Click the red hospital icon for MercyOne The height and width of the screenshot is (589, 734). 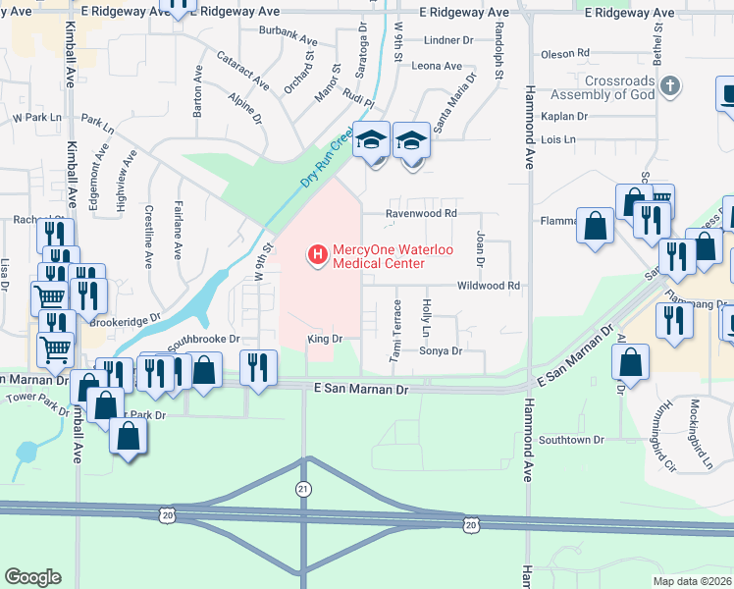tap(317, 255)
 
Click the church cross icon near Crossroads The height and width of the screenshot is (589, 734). tap(669, 87)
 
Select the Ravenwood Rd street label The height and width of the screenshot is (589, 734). tap(422, 213)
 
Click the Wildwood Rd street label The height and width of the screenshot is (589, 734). tap(487, 286)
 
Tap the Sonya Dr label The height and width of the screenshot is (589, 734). tap(441, 351)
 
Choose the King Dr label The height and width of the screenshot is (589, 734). tap(324, 339)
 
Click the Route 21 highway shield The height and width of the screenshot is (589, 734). tap(304, 488)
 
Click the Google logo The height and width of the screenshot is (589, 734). tap(32, 577)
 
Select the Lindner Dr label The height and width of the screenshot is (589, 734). tap(449, 40)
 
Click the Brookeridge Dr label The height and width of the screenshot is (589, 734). tap(125, 321)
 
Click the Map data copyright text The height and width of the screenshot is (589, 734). tap(692, 581)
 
